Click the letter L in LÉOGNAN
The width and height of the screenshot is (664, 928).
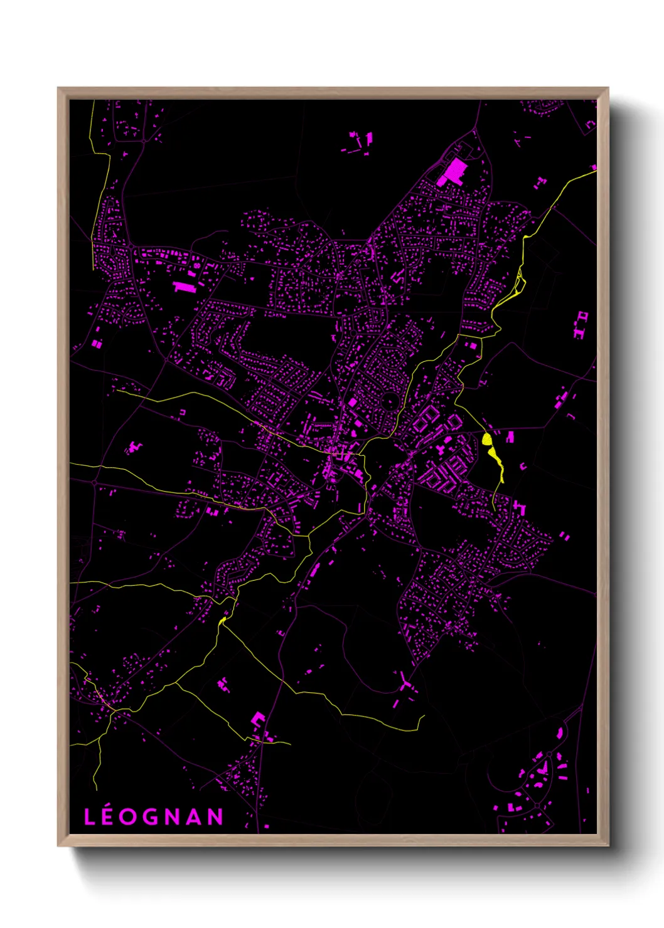(89, 817)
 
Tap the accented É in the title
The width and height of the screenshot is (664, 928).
(107, 816)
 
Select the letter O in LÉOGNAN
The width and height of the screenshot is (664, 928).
(128, 817)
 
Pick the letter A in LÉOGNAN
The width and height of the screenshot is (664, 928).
(194, 817)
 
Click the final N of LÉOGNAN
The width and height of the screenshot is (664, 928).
(216, 817)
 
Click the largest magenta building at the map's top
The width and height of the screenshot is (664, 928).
(453, 171)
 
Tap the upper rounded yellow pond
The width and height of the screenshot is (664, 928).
(487, 438)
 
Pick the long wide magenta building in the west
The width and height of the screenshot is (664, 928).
(184, 287)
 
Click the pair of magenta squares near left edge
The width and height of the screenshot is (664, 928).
(97, 344)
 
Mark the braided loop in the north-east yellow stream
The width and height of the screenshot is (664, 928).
(518, 285)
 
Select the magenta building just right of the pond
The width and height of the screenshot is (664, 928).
(510, 436)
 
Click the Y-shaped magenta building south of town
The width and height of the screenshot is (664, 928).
(405, 682)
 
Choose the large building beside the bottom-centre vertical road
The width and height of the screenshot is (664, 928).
(257, 719)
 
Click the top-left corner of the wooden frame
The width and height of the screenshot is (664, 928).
(59, 89)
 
